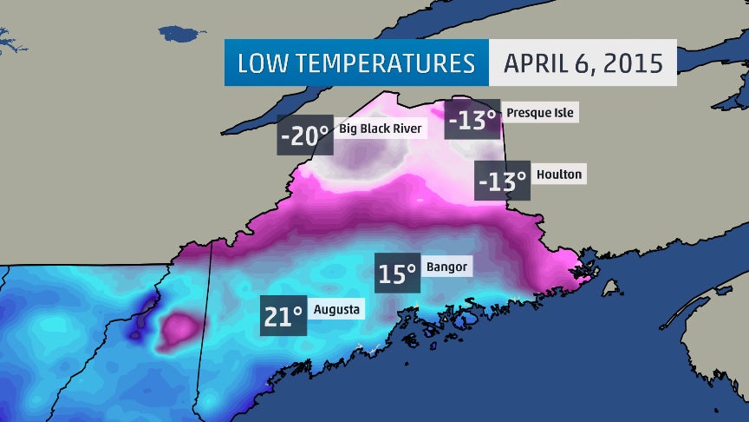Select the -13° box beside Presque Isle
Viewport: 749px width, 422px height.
473,120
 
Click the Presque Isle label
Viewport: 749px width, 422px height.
540,113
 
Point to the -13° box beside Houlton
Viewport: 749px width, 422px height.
503,181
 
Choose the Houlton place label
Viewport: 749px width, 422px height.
558,174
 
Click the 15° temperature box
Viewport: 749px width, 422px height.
397,274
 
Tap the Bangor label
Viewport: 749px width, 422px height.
448,267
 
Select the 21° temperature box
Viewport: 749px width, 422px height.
283,316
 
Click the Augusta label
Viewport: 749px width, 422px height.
337,309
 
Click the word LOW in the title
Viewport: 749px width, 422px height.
264,63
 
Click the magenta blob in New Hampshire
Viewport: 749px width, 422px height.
180,329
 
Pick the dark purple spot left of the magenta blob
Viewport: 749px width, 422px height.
137,329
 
